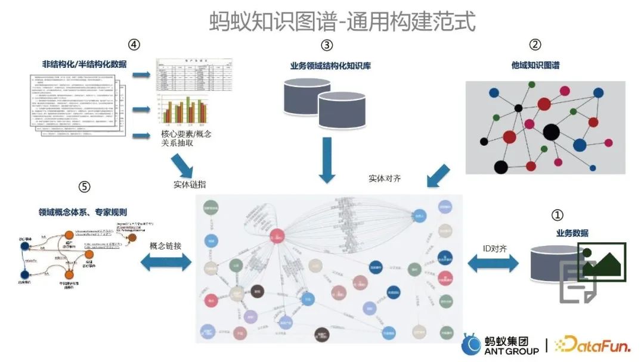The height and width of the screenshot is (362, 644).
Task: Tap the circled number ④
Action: [134, 45]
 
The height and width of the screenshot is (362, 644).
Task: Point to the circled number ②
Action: [535, 45]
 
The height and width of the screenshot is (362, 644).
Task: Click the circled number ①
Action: [557, 216]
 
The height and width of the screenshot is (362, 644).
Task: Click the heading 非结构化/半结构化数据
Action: [84, 64]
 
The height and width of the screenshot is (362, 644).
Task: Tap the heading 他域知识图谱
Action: [535, 65]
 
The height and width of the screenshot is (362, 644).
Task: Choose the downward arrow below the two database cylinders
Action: [328, 160]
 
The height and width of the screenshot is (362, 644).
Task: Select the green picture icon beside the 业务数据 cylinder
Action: [600, 261]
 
